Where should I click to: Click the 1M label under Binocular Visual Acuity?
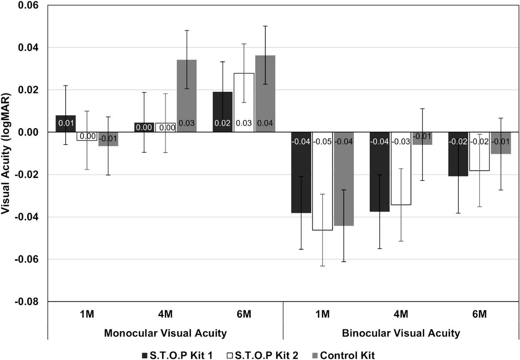point(322,314)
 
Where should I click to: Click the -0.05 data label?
point(322,142)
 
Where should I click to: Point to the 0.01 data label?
point(66,123)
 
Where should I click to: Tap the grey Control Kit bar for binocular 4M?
point(422,138)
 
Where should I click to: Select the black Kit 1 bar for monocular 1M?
point(66,124)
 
